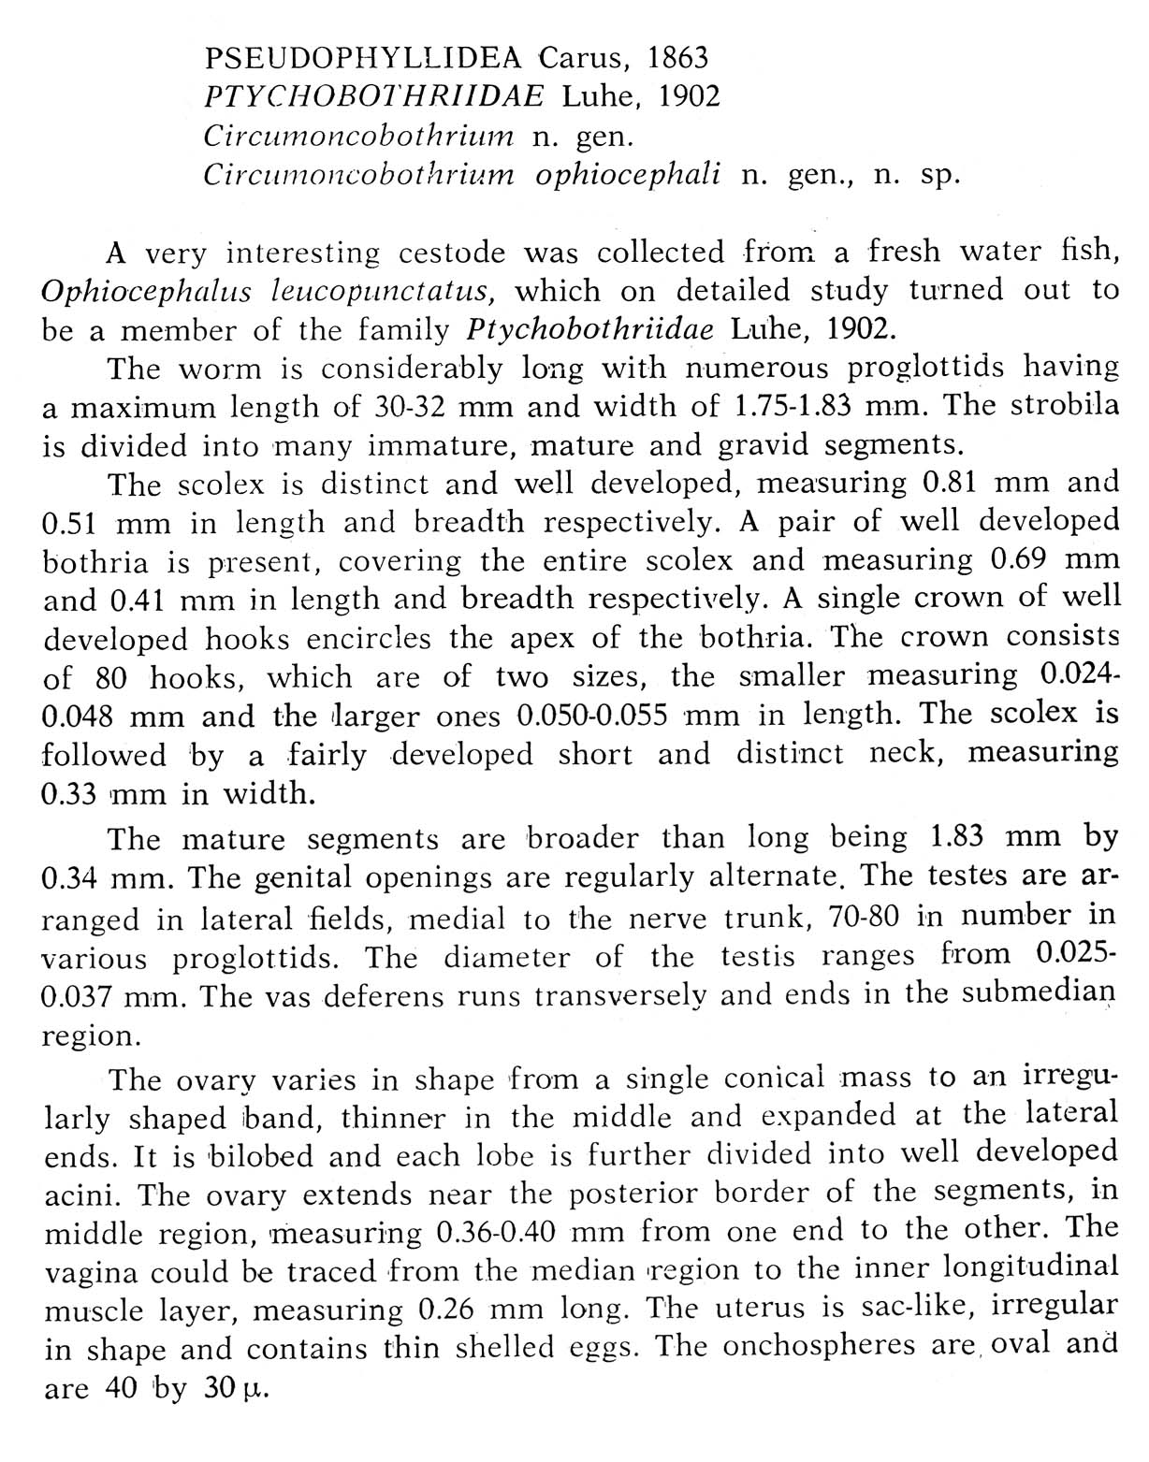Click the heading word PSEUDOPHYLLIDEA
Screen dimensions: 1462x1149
tap(365, 59)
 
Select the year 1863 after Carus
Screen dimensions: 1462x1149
tap(677, 58)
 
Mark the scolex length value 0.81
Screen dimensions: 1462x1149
tap(952, 484)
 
